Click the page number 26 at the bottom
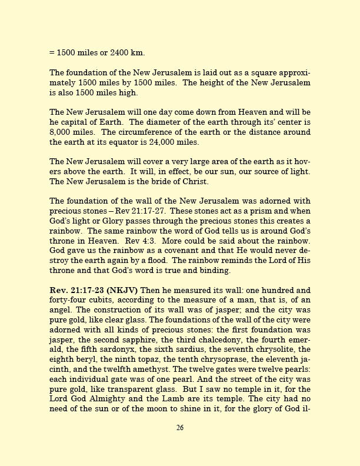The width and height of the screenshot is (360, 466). click(180, 428)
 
